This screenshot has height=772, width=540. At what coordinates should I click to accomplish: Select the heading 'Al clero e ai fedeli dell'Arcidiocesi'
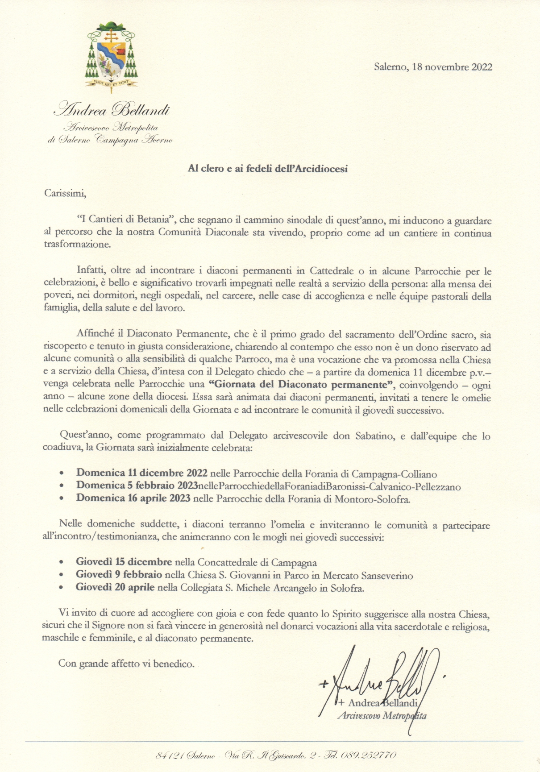(x=267, y=169)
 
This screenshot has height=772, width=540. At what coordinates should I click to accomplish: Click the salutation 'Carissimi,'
(x=65, y=194)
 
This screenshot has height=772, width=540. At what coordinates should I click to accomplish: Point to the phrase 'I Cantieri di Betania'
(x=128, y=220)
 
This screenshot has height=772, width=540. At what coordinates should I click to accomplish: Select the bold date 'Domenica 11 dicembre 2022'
(x=142, y=473)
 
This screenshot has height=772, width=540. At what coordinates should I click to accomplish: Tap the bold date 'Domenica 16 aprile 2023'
(x=133, y=498)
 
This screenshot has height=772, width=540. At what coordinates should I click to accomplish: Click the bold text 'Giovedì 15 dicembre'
(x=124, y=562)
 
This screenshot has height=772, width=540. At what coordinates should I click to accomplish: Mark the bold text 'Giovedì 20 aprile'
(x=115, y=588)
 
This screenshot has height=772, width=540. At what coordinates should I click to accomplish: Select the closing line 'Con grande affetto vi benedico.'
(x=126, y=664)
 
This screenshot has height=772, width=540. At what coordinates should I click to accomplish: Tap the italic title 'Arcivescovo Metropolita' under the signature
(x=382, y=716)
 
